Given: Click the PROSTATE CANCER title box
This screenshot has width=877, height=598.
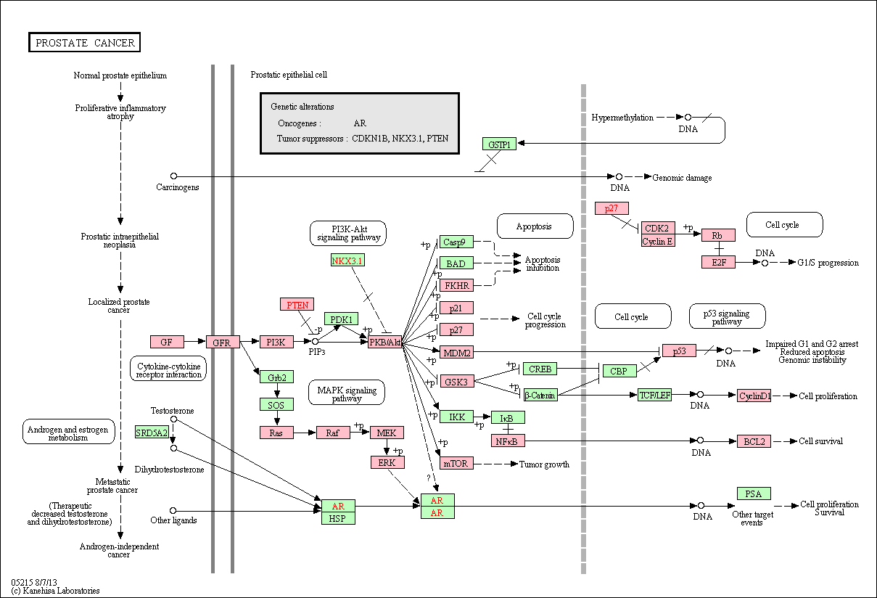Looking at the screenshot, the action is click(x=85, y=42).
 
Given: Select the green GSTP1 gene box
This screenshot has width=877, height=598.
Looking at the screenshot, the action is click(x=499, y=144).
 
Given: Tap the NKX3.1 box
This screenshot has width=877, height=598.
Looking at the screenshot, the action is click(x=347, y=261).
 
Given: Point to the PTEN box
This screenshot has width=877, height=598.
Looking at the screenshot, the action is click(x=297, y=304).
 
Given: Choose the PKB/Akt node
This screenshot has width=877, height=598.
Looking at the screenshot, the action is click(x=385, y=342).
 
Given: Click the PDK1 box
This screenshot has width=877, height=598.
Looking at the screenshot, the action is click(x=341, y=319).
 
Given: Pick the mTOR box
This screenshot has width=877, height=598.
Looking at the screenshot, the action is click(x=456, y=463).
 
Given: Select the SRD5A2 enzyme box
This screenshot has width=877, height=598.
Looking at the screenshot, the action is click(x=152, y=432).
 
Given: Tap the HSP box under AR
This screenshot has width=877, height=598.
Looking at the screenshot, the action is click(x=338, y=518).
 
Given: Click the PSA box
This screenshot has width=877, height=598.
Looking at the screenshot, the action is click(x=754, y=493).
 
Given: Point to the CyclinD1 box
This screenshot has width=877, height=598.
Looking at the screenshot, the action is click(x=754, y=396).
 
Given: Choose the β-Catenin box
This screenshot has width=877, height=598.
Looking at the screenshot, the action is click(x=540, y=395).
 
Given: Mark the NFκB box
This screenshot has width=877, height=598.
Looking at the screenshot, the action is click(x=508, y=441).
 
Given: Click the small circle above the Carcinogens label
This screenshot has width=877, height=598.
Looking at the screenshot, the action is click(x=174, y=176).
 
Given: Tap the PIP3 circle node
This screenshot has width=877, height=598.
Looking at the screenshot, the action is click(x=315, y=342).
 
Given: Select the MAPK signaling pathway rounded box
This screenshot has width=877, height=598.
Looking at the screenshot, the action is click(x=347, y=393).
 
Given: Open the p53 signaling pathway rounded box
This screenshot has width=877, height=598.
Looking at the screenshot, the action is click(x=727, y=316).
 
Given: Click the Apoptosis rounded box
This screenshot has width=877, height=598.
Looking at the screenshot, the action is click(x=535, y=226).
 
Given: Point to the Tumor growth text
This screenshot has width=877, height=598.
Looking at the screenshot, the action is click(x=544, y=464).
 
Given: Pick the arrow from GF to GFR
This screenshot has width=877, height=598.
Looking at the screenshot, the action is click(x=195, y=342).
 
